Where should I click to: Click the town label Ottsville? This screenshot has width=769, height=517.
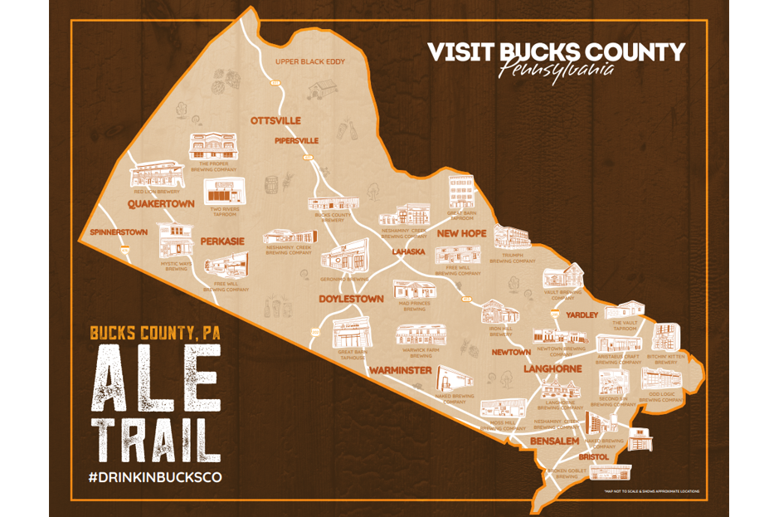coord(275,121)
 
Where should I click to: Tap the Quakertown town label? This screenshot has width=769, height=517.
coord(161,203)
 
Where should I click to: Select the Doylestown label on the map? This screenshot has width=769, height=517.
coord(352,298)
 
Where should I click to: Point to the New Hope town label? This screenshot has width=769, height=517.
coord(461,234)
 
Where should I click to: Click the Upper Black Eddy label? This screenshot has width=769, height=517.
coord(310,61)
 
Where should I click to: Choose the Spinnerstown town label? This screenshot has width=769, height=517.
coord(118,232)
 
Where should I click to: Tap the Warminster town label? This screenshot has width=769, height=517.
coord(401,369)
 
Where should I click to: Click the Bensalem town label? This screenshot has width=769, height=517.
coord(554,441)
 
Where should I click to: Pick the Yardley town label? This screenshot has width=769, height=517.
coord(582,315)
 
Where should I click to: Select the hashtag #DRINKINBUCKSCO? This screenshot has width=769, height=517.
coord(155,477)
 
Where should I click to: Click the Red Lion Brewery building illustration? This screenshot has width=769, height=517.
coord(156,173)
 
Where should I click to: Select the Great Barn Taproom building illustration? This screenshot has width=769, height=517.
coord(460,193)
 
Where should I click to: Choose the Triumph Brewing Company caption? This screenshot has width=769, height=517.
coord(513,258)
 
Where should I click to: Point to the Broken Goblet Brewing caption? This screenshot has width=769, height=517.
coord(567,474)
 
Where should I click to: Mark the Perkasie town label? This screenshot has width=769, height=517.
coord(221,241)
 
